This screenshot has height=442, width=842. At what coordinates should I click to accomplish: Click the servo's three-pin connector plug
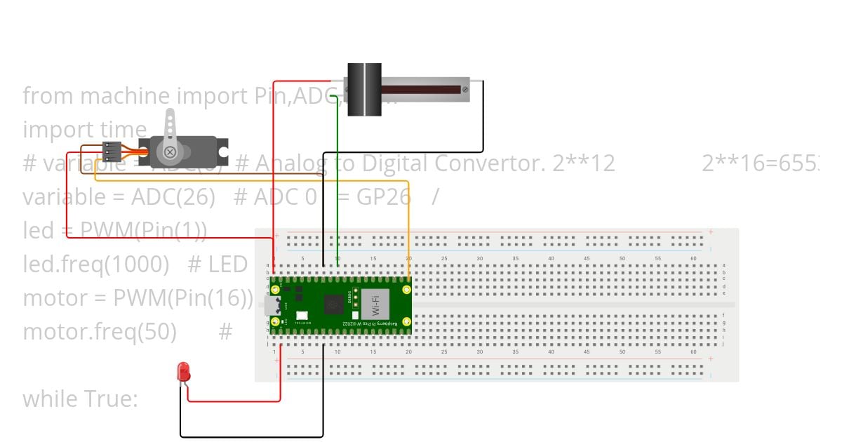(x=112, y=152)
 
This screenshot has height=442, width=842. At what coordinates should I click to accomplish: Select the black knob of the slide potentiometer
(x=363, y=89)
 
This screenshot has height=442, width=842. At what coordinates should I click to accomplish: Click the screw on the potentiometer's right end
(x=465, y=89)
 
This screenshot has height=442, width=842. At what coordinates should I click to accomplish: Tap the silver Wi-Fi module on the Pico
(x=375, y=307)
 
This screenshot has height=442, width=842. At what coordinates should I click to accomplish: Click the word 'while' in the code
(x=51, y=399)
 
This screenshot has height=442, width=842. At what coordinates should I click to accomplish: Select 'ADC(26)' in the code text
(x=173, y=197)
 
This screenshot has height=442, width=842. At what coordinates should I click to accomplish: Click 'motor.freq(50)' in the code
(x=100, y=332)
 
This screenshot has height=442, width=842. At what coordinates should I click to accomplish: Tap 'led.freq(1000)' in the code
(x=96, y=264)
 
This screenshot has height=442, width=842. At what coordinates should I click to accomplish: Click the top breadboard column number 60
(x=693, y=259)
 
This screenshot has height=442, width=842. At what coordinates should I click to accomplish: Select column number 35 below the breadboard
(x=515, y=351)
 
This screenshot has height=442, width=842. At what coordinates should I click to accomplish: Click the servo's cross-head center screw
(x=170, y=152)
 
